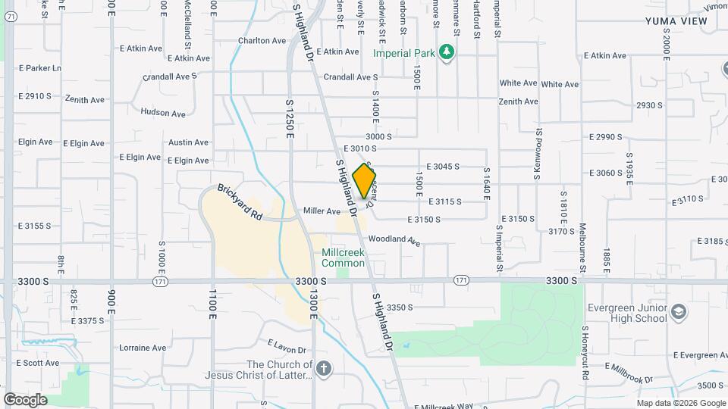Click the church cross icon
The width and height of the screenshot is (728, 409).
325,369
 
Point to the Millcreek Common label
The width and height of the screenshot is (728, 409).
343,258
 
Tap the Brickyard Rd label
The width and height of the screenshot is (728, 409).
240,202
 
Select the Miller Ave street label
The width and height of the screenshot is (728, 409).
322,211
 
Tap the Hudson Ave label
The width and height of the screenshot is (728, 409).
163,114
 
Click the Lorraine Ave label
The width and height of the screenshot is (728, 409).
143,348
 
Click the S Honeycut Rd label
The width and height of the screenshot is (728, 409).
585,348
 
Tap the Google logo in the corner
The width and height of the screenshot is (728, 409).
25,399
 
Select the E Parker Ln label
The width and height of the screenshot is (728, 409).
40,68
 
